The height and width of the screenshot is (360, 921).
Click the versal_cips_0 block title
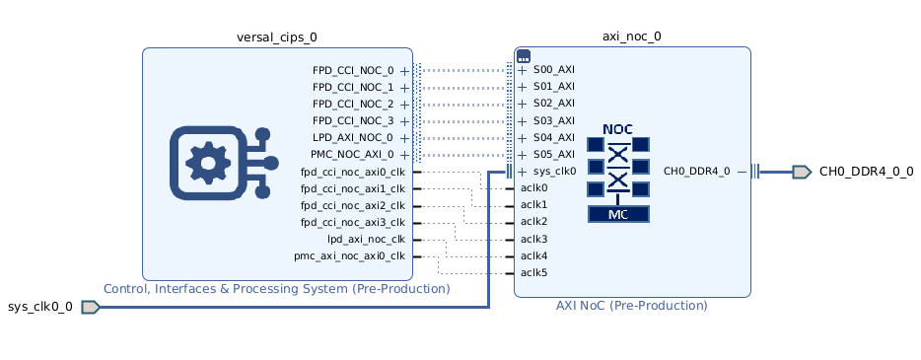(277, 37)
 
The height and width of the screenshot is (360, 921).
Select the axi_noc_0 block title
(631, 36)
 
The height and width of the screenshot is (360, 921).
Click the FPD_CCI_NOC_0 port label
(352, 71)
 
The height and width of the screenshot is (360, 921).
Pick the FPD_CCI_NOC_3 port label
(352, 121)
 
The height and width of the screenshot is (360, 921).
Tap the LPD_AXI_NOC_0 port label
(352, 138)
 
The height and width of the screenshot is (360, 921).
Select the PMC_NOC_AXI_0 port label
(351, 155)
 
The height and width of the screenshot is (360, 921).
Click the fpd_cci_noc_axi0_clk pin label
(352, 172)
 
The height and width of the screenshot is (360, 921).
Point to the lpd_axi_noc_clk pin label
(366, 239)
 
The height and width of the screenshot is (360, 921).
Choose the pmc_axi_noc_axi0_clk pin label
(349, 256)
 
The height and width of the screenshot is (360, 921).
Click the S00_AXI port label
(553, 71)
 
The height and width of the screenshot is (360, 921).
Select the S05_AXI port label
(553, 155)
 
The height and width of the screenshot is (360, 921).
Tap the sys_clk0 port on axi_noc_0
(554, 172)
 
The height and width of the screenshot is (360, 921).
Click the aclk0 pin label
(533, 187)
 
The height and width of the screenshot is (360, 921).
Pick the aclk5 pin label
(533, 273)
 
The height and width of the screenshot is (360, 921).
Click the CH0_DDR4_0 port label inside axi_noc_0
(696, 172)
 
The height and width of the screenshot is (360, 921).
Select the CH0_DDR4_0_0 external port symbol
(801, 172)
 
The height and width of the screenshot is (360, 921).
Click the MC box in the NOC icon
(617, 214)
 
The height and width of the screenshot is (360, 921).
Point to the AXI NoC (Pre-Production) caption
(631, 306)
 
